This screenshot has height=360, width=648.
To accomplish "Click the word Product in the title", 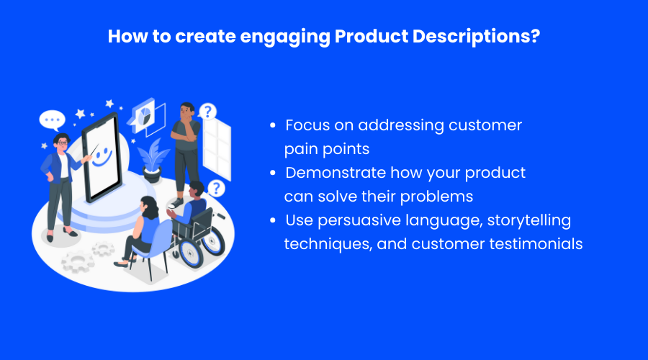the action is coord(372,36).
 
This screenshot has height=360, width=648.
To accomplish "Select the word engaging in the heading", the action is coord(285,37).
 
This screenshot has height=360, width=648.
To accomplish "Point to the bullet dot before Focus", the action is coord(272,125).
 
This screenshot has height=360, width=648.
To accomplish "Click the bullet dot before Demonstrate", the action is coord(272,173).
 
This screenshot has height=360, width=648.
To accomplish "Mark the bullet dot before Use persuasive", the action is coord(272,220).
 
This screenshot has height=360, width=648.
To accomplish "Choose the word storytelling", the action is coord(529,221).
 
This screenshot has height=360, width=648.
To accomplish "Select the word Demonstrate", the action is coord(336,173).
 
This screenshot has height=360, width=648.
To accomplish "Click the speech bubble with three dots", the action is coord(53,120).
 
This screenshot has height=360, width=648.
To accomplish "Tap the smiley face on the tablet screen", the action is coord(102,157).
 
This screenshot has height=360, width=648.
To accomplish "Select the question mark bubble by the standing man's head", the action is coord(207,112).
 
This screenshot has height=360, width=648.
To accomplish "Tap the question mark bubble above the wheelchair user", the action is coord(216,189).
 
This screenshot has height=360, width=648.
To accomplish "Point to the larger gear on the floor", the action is coord(77,261).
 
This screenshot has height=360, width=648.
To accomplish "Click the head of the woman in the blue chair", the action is coord(149,207).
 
